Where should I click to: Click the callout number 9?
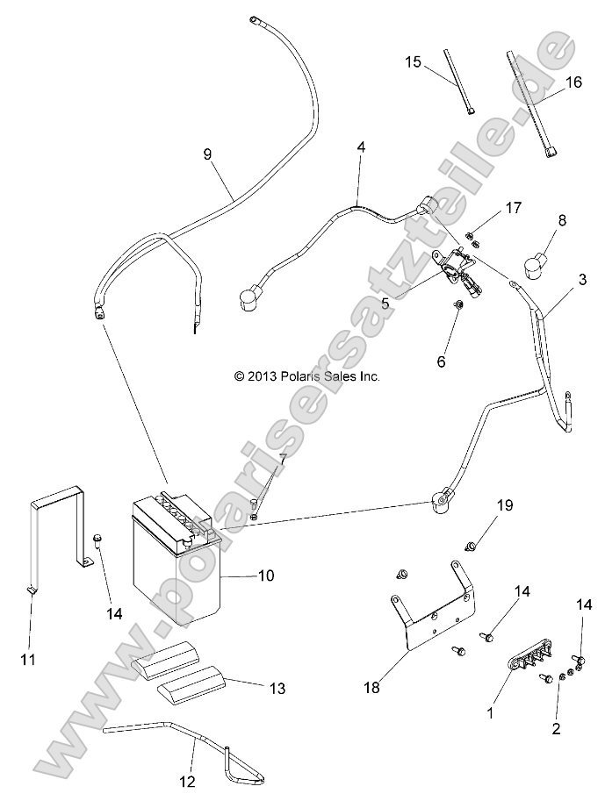[x=207, y=154]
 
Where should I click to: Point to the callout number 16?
[x=573, y=83]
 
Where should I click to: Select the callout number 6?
[x=465, y=361]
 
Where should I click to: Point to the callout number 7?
[x=283, y=458]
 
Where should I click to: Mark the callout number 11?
[x=28, y=658]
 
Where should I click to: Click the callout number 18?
[x=373, y=687]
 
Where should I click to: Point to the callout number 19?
[x=504, y=505]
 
